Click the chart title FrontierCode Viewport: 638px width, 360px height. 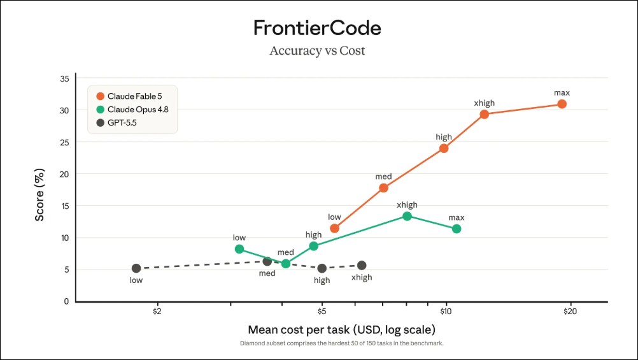[x=317, y=27]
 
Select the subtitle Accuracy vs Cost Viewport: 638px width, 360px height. [x=317, y=50]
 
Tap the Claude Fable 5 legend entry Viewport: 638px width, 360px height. [x=129, y=96]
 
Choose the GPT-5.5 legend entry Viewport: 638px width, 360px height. [x=117, y=122]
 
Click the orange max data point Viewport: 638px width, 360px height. [x=562, y=104]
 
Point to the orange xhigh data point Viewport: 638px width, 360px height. [x=484, y=115]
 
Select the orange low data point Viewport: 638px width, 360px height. [x=334, y=229]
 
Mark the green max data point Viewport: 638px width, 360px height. [x=457, y=229]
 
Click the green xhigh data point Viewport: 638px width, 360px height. [x=408, y=216]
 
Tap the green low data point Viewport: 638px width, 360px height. [x=239, y=249]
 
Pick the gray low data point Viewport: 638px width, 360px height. [x=136, y=268]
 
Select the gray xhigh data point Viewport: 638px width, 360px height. [x=362, y=266]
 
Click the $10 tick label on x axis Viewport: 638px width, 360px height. [x=446, y=312]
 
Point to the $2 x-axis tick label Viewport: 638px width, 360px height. [x=157, y=312]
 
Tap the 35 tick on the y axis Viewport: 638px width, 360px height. [x=65, y=78]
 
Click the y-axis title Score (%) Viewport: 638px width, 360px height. [x=39, y=195]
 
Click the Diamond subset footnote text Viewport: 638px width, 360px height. [x=342, y=343]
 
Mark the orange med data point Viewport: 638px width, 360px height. [x=384, y=188]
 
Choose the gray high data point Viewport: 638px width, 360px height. [x=322, y=268]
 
